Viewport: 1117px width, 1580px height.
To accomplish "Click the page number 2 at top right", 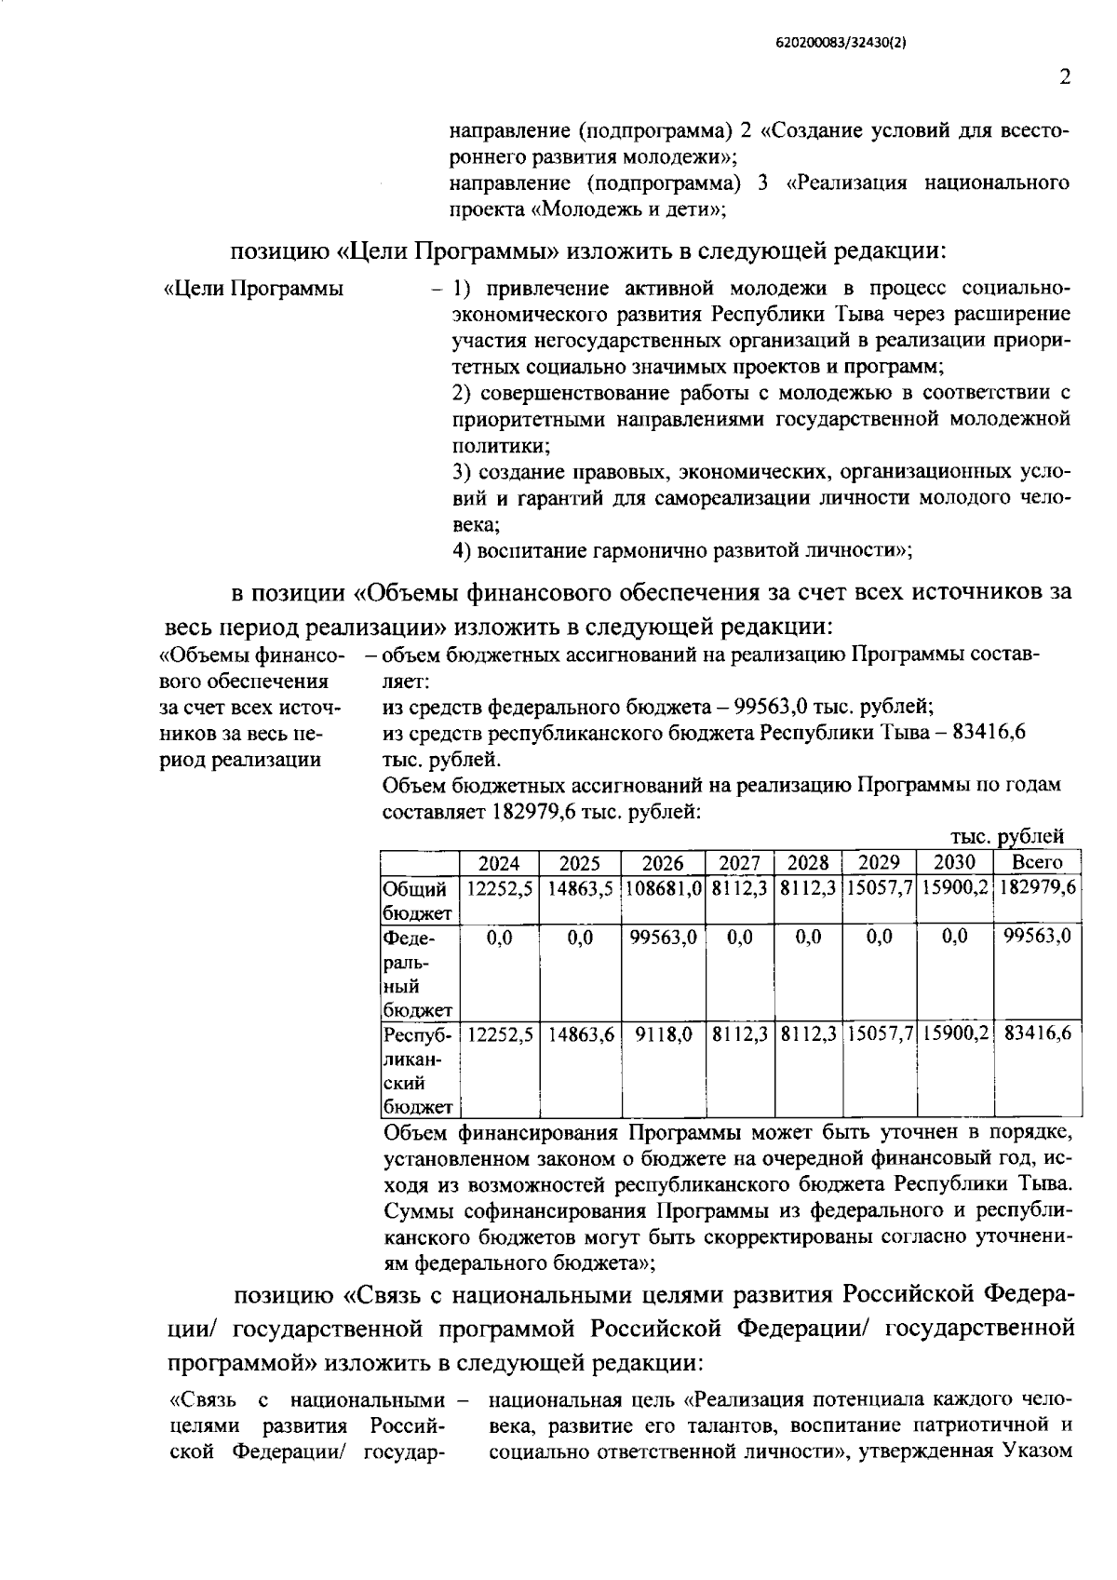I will [x=1064, y=77].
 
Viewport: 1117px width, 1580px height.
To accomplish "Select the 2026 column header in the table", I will [x=663, y=862].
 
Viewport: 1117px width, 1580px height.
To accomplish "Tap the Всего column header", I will [x=1037, y=862].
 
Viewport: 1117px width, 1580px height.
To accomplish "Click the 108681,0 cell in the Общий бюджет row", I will [x=663, y=888].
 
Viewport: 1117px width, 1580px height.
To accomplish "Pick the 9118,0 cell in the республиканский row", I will [x=663, y=1033].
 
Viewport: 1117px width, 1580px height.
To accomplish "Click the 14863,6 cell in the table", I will [x=580, y=1033].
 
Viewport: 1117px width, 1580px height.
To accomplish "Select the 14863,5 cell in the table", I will [x=580, y=888].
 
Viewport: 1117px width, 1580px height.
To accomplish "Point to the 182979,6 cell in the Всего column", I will [x=1037, y=888].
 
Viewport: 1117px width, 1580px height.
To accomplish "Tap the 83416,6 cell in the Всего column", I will [x=1037, y=1033].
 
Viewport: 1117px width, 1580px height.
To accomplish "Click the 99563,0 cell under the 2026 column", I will [x=663, y=938].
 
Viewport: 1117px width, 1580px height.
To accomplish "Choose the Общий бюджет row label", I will [x=417, y=900].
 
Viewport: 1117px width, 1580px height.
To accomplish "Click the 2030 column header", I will [x=954, y=862].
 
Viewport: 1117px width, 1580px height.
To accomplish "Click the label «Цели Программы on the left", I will [x=253, y=289].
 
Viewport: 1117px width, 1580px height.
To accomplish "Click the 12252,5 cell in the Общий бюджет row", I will [x=500, y=888].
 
